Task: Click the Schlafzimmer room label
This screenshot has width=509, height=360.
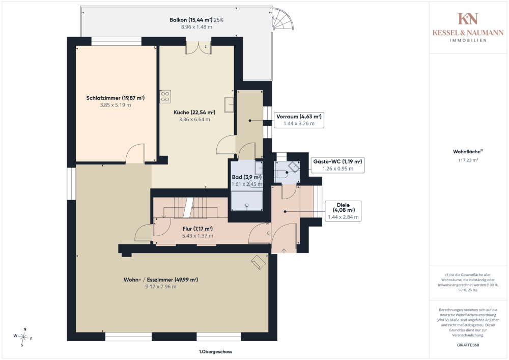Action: coord(115,98)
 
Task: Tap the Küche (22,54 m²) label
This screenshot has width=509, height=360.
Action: coord(194,113)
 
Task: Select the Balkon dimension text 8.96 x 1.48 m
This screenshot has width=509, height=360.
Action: coord(196,27)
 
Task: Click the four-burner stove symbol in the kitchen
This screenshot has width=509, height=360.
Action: coord(165,96)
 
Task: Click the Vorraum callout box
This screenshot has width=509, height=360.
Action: coord(299,120)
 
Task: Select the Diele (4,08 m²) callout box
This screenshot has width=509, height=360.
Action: coord(343,211)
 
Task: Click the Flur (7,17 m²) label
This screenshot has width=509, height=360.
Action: coord(197,229)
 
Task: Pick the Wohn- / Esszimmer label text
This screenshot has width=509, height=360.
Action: coord(161,280)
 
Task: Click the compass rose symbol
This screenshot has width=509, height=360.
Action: coord(23,337)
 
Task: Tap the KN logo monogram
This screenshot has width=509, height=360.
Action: coord(468,19)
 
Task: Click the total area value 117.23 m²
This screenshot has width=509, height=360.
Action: coord(468,160)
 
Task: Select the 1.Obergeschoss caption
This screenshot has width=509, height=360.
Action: coord(215,351)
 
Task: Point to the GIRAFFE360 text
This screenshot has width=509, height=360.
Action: coord(468,345)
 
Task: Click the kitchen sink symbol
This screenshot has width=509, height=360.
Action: coord(229,104)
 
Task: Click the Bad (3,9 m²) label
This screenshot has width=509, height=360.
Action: coord(247,177)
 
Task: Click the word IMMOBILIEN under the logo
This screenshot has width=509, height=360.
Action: coord(468,40)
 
